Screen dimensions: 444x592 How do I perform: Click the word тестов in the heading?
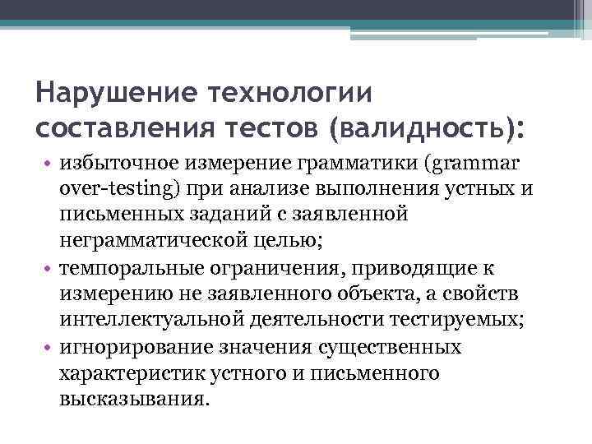coord(271,129)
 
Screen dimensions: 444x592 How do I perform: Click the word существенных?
coord(393,346)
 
